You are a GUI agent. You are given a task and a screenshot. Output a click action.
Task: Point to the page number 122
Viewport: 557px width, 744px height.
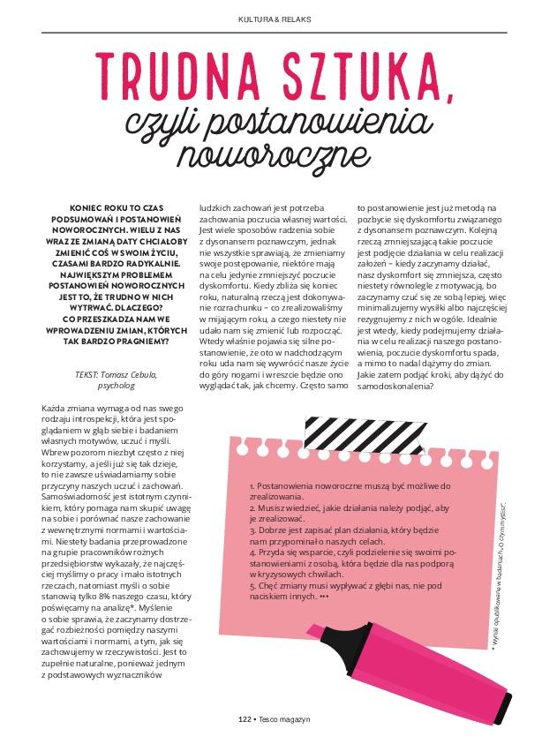245,719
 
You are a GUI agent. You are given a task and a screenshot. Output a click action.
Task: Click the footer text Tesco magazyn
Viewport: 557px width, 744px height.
284,719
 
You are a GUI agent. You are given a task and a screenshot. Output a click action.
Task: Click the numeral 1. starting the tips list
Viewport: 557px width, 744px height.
252,486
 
